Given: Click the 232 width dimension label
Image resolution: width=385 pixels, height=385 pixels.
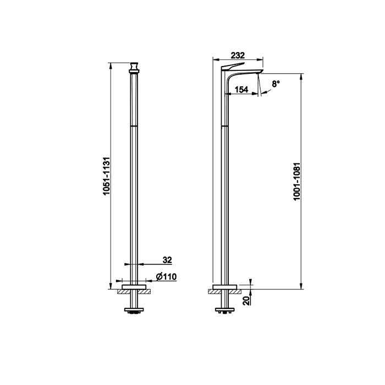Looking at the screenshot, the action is pyautogui.click(x=238, y=56).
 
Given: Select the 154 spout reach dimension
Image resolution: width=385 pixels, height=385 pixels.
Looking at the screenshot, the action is pyautogui.click(x=241, y=90).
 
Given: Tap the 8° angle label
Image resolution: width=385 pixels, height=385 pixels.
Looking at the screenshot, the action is pyautogui.click(x=276, y=84).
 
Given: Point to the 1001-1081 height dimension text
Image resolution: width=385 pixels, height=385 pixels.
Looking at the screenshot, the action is pyautogui.click(x=297, y=182).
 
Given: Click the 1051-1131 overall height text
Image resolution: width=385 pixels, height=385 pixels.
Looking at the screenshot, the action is pyautogui.click(x=107, y=176).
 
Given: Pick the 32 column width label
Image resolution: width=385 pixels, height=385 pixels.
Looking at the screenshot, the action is pyautogui.click(x=167, y=260).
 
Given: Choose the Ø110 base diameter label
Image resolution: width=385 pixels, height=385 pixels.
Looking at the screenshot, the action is pyautogui.click(x=166, y=277).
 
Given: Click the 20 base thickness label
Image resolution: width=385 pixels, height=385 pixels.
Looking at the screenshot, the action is pyautogui.click(x=246, y=300).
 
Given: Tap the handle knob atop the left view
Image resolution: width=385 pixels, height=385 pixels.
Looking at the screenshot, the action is pyautogui.click(x=134, y=68).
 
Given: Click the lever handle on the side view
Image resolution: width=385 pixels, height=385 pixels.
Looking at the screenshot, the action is pyautogui.click(x=233, y=66).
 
